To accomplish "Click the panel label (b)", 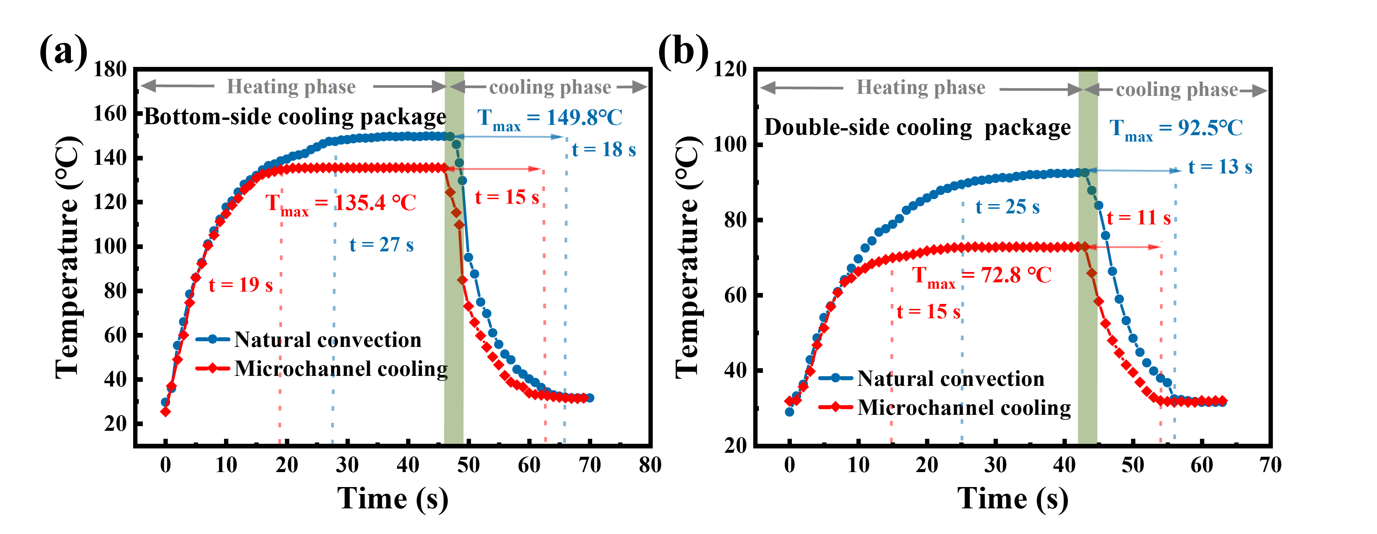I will [683, 52].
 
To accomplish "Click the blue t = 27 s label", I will [381, 245].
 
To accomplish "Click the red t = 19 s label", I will [241, 285].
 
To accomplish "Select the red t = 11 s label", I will [1139, 217].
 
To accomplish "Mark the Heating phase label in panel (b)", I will [920, 88].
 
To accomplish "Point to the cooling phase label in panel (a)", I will [550, 88].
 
